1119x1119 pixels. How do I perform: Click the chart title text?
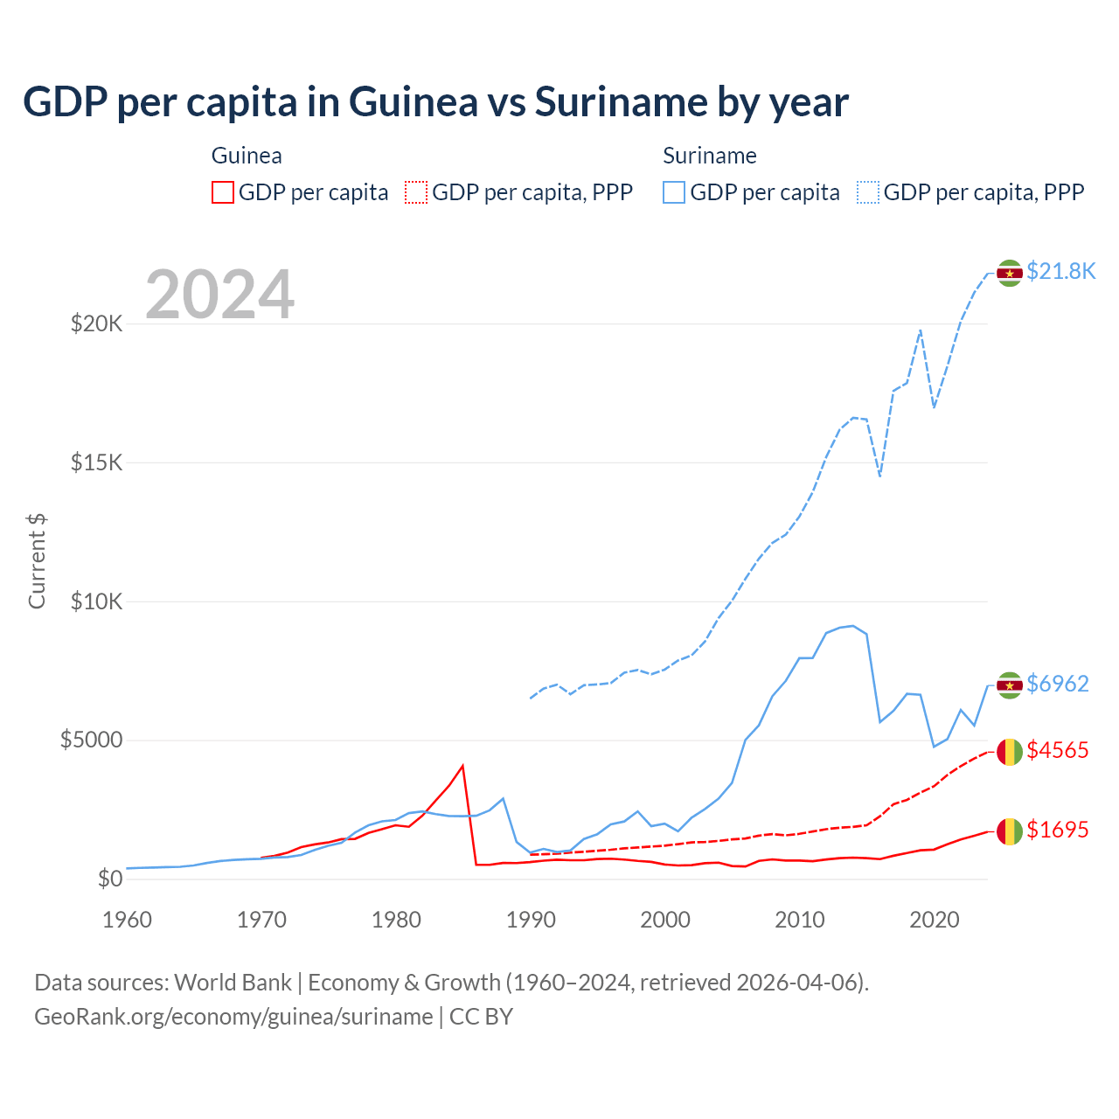[x=435, y=102]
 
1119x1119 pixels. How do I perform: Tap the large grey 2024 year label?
[x=219, y=295]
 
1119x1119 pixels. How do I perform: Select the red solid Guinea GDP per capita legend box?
[x=223, y=192]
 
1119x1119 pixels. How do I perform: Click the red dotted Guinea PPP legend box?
[x=416, y=192]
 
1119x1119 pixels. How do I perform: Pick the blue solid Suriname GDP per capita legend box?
[x=674, y=192]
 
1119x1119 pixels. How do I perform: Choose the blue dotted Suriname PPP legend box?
[x=868, y=192]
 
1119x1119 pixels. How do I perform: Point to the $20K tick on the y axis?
[x=97, y=324]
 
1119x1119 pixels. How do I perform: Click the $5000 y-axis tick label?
[x=92, y=740]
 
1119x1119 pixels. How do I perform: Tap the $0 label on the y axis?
[x=110, y=879]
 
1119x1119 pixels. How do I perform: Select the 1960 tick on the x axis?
[x=128, y=920]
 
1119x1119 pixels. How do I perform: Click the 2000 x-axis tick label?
[x=665, y=920]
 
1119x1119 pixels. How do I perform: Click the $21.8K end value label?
[x=1060, y=272]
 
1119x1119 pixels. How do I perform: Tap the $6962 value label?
[x=1058, y=684]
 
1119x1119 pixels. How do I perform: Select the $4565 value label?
[x=1058, y=751]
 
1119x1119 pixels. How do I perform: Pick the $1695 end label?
[x=1058, y=830]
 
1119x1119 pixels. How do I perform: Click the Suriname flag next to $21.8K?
[x=1010, y=273]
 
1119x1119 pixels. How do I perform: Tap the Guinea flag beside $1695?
[x=1010, y=831]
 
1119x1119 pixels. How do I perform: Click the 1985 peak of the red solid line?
[x=462, y=766]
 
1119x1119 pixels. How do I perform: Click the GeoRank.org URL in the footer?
[x=233, y=1017]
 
